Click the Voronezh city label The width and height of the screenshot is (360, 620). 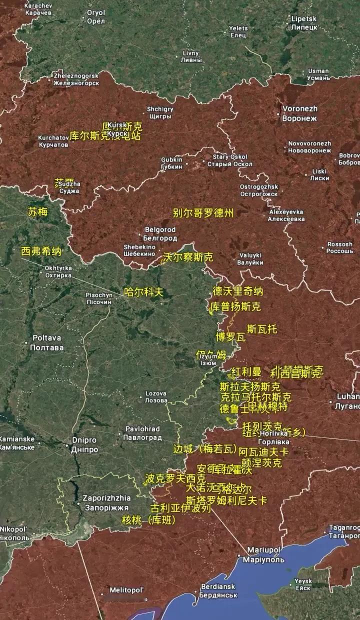299,113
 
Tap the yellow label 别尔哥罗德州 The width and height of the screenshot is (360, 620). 203,212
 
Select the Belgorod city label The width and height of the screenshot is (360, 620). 160,233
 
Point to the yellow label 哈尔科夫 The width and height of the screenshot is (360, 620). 144,292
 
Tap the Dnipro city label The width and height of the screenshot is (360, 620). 84,444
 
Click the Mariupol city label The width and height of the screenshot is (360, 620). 263,554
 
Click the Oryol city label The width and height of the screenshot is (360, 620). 95,16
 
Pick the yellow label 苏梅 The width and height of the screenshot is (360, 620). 37,211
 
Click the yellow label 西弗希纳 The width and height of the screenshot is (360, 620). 41,251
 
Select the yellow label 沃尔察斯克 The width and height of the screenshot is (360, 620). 188,257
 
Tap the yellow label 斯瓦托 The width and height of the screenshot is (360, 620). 262,329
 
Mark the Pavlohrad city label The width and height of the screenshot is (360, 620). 142,433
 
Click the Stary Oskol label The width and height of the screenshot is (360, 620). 229,160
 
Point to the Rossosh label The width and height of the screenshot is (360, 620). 339,247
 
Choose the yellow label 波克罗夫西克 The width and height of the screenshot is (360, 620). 168,478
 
